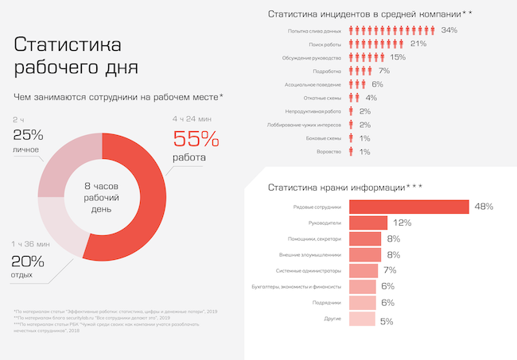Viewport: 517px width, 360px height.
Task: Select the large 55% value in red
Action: [196, 139]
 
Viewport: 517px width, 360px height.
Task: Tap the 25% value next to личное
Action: [28, 134]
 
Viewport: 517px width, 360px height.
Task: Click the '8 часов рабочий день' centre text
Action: [102, 196]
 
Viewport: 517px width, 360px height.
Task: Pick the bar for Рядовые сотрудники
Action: [409, 207]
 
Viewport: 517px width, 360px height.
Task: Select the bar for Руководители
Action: [368, 223]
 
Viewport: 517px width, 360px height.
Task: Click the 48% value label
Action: [484, 207]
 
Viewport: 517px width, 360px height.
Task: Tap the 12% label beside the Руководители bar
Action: [402, 223]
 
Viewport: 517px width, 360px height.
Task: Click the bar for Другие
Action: [362, 319]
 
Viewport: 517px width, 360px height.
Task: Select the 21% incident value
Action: [418, 44]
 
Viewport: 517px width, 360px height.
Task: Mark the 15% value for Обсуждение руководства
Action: [398, 57]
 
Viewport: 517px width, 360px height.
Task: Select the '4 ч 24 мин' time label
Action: [194, 119]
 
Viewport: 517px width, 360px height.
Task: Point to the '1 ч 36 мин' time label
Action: [32, 244]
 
